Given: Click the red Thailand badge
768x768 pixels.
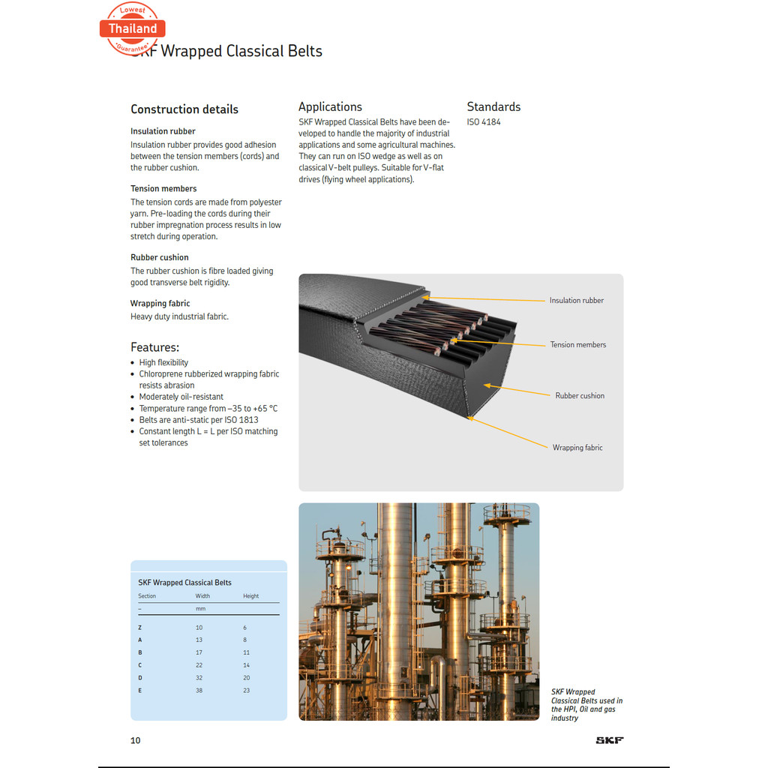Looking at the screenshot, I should point(133,28).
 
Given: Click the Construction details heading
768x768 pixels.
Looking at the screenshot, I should point(184,109).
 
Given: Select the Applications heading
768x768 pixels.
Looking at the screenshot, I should point(330,106).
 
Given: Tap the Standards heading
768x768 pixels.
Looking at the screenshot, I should point(493,106).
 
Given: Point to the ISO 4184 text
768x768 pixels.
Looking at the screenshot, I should point(484,121).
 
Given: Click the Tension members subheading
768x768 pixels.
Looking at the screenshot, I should point(163,188).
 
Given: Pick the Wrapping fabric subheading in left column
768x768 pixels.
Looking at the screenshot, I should point(160,303).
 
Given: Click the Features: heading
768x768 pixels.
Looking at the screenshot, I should point(154,347).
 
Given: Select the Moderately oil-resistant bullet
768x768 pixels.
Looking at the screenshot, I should point(181,397).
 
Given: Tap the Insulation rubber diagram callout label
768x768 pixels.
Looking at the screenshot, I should point(576,301).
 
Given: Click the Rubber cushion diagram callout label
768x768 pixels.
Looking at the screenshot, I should point(580,396).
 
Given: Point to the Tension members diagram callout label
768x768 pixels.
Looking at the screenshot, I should point(577,345).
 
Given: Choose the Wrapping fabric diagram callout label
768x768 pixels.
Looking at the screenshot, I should point(577,448).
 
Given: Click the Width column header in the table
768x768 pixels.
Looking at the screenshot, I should point(202,596).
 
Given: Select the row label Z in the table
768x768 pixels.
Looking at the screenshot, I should point(139,627).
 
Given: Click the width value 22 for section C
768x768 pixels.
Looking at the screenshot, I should point(199,665).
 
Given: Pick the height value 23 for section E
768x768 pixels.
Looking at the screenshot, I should point(247,690).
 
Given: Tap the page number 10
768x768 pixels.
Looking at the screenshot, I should point(135,740).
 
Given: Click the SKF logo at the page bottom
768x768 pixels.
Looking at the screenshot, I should point(609,740).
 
